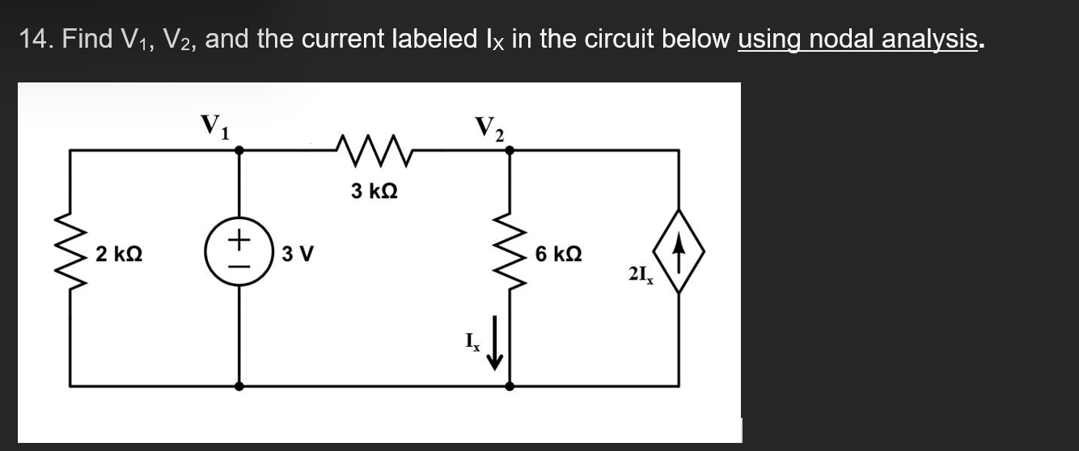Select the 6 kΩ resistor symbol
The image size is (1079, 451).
[510, 252]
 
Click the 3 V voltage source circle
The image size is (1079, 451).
[239, 252]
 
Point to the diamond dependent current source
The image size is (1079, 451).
[678, 252]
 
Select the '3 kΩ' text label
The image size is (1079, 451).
[374, 192]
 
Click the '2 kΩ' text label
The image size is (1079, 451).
[119, 254]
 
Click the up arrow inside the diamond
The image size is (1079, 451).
[678, 252]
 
